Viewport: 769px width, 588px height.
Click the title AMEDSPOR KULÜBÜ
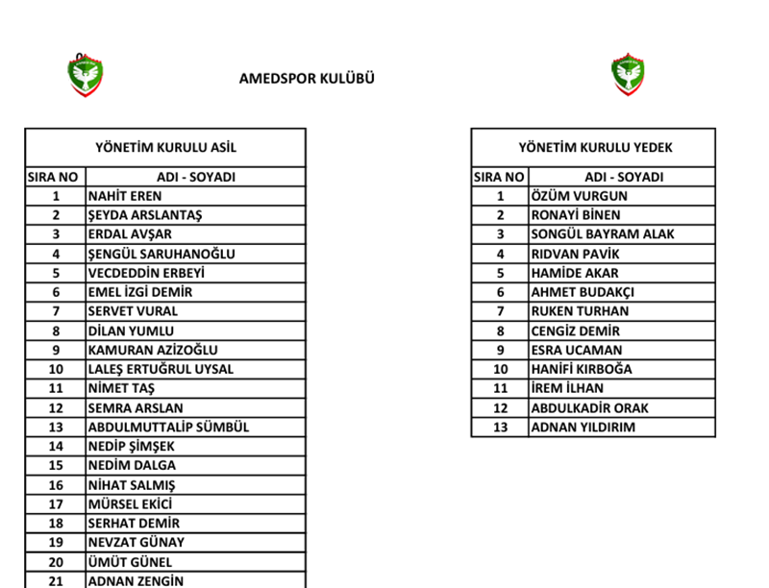tap(307, 79)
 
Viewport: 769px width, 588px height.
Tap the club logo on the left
tap(86, 75)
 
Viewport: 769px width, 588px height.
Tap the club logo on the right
tap(628, 75)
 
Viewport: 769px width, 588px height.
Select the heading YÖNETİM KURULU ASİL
tap(165, 148)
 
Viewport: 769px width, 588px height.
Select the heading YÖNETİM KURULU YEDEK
tap(595, 148)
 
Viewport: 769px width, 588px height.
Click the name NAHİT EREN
tap(125, 196)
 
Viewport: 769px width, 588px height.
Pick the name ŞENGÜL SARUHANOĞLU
tap(161, 254)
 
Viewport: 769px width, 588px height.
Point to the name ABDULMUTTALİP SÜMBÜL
tap(168, 427)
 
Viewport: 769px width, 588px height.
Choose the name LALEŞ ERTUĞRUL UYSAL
tap(161, 369)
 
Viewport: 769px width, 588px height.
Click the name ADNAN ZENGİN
tap(136, 580)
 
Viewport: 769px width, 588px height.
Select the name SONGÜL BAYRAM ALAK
tap(603, 233)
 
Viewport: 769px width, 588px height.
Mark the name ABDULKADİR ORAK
tap(590, 407)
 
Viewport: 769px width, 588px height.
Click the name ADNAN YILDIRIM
tap(583, 427)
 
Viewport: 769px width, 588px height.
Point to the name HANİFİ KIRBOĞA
tap(582, 369)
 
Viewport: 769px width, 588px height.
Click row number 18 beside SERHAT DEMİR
tap(56, 523)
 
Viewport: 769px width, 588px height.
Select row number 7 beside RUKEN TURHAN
tap(500, 311)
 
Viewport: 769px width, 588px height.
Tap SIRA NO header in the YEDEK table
tap(500, 177)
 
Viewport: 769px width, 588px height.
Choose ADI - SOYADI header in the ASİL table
tap(196, 177)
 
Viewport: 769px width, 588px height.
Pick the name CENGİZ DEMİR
tap(576, 331)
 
